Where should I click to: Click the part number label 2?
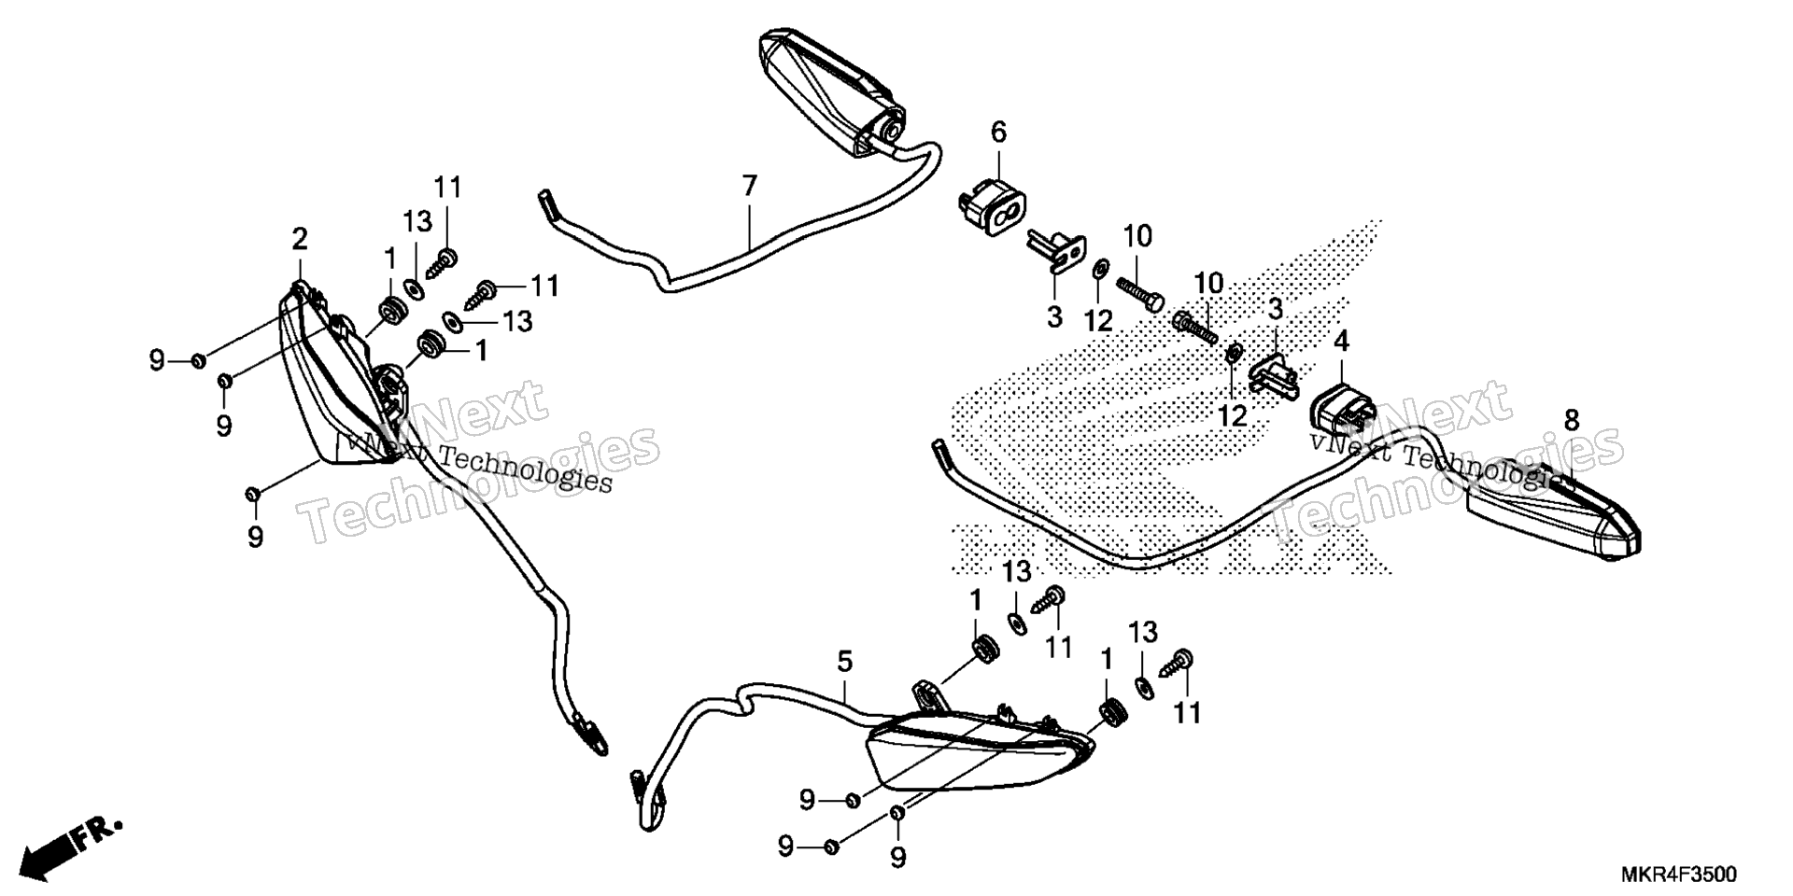299,240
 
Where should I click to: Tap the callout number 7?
750,187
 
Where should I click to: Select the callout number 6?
998,133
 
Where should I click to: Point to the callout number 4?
1341,342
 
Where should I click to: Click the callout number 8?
1572,420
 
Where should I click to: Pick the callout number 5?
844,663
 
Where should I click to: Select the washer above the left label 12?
1099,270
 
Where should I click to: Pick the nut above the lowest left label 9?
252,493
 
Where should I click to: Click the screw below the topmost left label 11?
440,263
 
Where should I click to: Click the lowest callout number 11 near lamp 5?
1186,714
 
